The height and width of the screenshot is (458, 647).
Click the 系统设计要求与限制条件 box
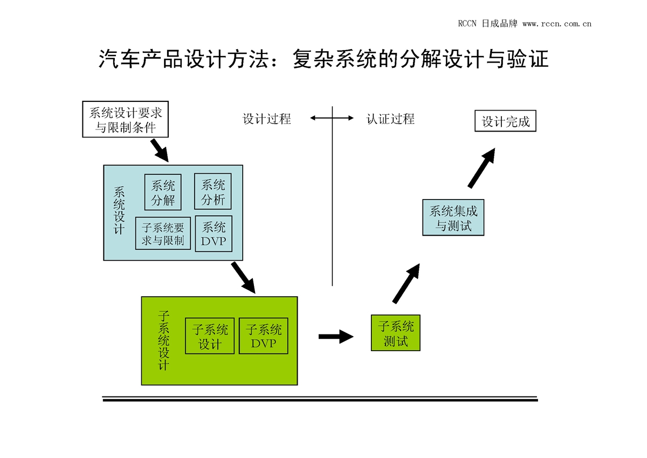click(126, 119)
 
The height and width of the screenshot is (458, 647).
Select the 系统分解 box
click(163, 192)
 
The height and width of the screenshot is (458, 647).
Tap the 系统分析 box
click(212, 192)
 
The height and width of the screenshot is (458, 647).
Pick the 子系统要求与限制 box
click(163, 234)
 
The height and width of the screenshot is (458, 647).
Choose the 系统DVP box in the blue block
click(214, 234)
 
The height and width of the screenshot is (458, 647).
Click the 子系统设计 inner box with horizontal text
click(210, 336)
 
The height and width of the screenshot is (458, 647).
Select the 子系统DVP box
click(263, 336)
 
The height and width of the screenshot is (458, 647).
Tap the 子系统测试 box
click(395, 333)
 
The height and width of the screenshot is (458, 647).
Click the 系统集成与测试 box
click(453, 217)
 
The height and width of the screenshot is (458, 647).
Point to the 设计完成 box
click(505, 121)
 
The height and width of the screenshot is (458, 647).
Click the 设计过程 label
click(266, 119)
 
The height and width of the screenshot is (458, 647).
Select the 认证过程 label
click(390, 119)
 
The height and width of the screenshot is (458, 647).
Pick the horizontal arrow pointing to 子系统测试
click(335, 337)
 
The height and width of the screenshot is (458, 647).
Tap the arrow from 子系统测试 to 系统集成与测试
click(406, 283)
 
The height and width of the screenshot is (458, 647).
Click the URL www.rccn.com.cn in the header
click(557, 24)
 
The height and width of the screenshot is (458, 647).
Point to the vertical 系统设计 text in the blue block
click(120, 210)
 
